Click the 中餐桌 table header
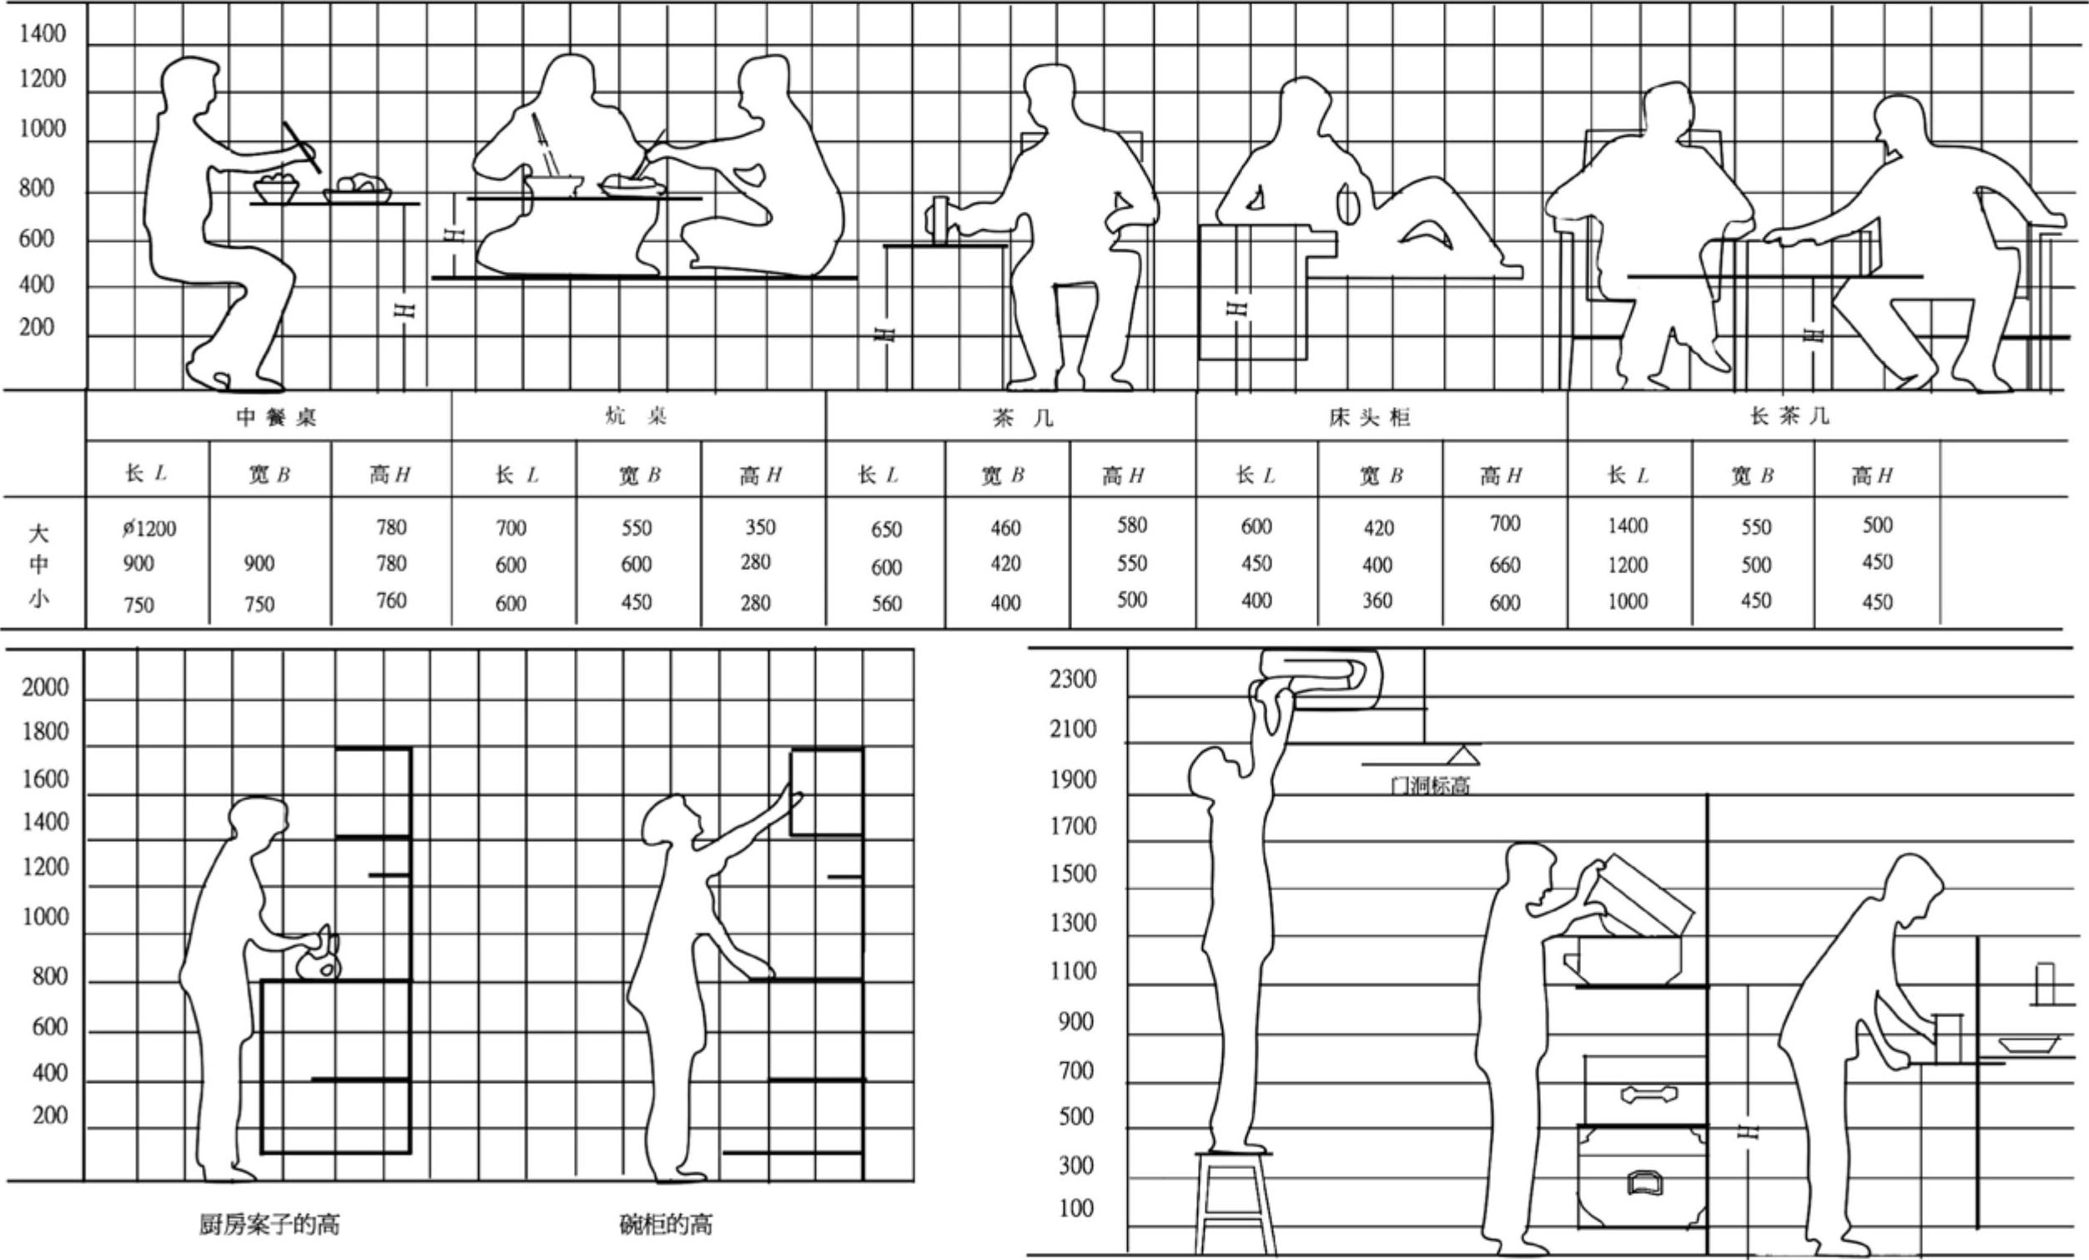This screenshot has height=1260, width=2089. pos(276,417)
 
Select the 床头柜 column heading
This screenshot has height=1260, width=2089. pos(1368,417)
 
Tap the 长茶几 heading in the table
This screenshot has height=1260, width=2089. pos(1789,416)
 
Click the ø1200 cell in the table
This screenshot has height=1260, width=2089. pos(148,529)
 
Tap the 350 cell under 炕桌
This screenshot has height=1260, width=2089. pos(760,527)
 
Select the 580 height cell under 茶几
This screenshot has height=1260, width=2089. pos(1131,525)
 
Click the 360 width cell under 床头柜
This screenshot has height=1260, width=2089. pos(1377,600)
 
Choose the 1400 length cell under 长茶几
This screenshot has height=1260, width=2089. pos(1627,526)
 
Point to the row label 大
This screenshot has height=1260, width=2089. pos(39,533)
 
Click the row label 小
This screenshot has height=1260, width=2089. pos(39,598)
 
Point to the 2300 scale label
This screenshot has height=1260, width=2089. pos(1073,679)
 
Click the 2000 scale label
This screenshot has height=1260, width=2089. pos(45,687)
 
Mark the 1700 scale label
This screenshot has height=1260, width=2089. pos(1073,825)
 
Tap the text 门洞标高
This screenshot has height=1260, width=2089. pos(1430,786)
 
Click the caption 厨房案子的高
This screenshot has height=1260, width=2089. pos(269,1224)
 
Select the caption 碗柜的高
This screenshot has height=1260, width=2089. pos(666,1224)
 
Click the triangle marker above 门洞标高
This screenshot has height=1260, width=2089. pos(1462,754)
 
